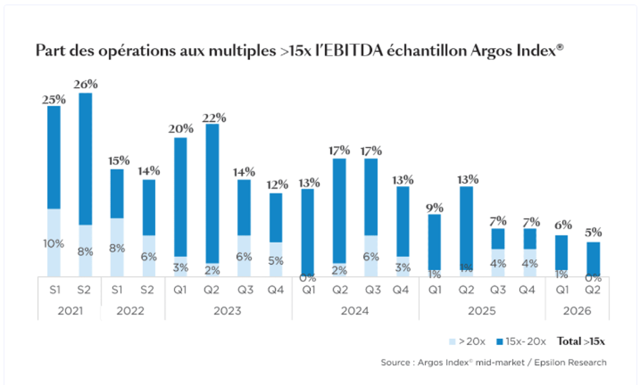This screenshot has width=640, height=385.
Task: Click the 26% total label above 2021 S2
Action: (x=86, y=85)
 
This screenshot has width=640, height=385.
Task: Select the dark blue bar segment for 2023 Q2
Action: (x=212, y=194)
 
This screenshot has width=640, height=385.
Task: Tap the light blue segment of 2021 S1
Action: (x=54, y=243)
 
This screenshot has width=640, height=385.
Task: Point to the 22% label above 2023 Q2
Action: (x=214, y=118)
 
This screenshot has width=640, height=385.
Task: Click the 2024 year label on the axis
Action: (x=355, y=311)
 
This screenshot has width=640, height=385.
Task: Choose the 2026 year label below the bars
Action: (x=577, y=311)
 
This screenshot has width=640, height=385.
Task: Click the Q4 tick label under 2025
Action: (x=527, y=290)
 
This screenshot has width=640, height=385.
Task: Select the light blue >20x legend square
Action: (x=452, y=342)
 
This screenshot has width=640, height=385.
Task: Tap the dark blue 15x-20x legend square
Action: (x=500, y=342)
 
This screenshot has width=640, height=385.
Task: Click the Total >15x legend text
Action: (x=581, y=342)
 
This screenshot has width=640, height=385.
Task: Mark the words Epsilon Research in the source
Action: (x=570, y=363)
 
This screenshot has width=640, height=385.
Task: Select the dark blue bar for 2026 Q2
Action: (x=593, y=259)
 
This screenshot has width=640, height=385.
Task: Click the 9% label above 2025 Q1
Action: (x=435, y=208)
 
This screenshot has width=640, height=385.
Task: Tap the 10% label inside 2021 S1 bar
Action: (x=54, y=244)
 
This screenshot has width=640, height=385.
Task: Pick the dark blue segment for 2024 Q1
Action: (x=307, y=233)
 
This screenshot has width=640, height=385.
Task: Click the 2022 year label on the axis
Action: (x=130, y=311)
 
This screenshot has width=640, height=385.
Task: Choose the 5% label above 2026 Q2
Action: (x=593, y=233)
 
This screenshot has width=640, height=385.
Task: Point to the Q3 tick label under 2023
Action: (x=245, y=290)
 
